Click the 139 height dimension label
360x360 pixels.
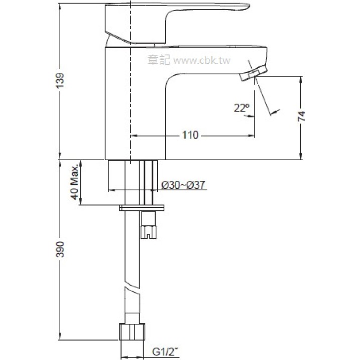60,81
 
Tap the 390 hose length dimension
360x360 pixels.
60,250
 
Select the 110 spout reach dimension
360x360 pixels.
190,135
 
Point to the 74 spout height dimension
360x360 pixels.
301,116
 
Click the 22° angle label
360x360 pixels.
242,107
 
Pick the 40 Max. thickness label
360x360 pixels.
75,183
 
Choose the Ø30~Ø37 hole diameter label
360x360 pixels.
183,185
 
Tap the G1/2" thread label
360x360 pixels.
165,352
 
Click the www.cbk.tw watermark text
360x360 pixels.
201,61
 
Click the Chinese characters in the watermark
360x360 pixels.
159,60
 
